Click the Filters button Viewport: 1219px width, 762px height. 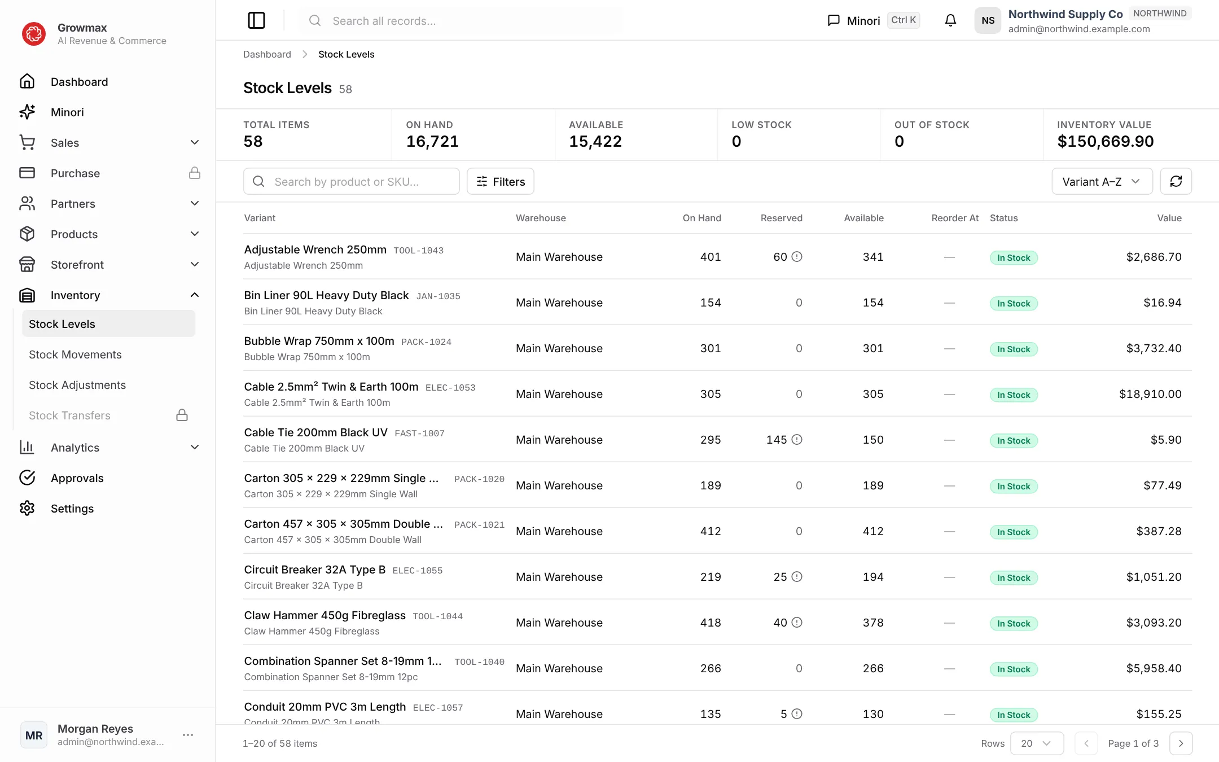coord(500,181)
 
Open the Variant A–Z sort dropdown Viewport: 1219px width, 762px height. coord(1102,181)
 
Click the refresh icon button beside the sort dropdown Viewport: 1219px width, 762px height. coord(1176,181)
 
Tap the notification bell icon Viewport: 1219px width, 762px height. coord(950,20)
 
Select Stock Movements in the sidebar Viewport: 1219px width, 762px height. coord(75,354)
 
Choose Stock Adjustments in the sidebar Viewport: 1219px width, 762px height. coord(77,385)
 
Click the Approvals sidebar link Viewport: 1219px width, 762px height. coord(77,478)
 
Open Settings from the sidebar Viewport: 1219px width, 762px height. coord(72,509)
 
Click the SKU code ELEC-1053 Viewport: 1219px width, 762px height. coord(450,388)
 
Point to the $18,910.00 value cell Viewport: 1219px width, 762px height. coord(1150,394)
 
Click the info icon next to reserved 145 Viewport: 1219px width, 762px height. coord(797,440)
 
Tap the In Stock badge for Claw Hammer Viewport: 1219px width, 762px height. coord(1014,623)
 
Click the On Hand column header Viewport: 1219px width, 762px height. coord(701,218)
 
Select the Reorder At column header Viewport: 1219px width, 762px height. coord(955,218)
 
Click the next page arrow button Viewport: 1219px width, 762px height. coord(1181,743)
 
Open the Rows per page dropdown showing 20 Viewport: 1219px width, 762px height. coord(1037,743)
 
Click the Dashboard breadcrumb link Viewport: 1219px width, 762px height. coord(267,54)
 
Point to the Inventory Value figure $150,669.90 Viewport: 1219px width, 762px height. coord(1105,141)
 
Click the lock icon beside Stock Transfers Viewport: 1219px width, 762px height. coord(182,415)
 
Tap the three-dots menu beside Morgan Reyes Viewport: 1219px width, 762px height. coord(188,735)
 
